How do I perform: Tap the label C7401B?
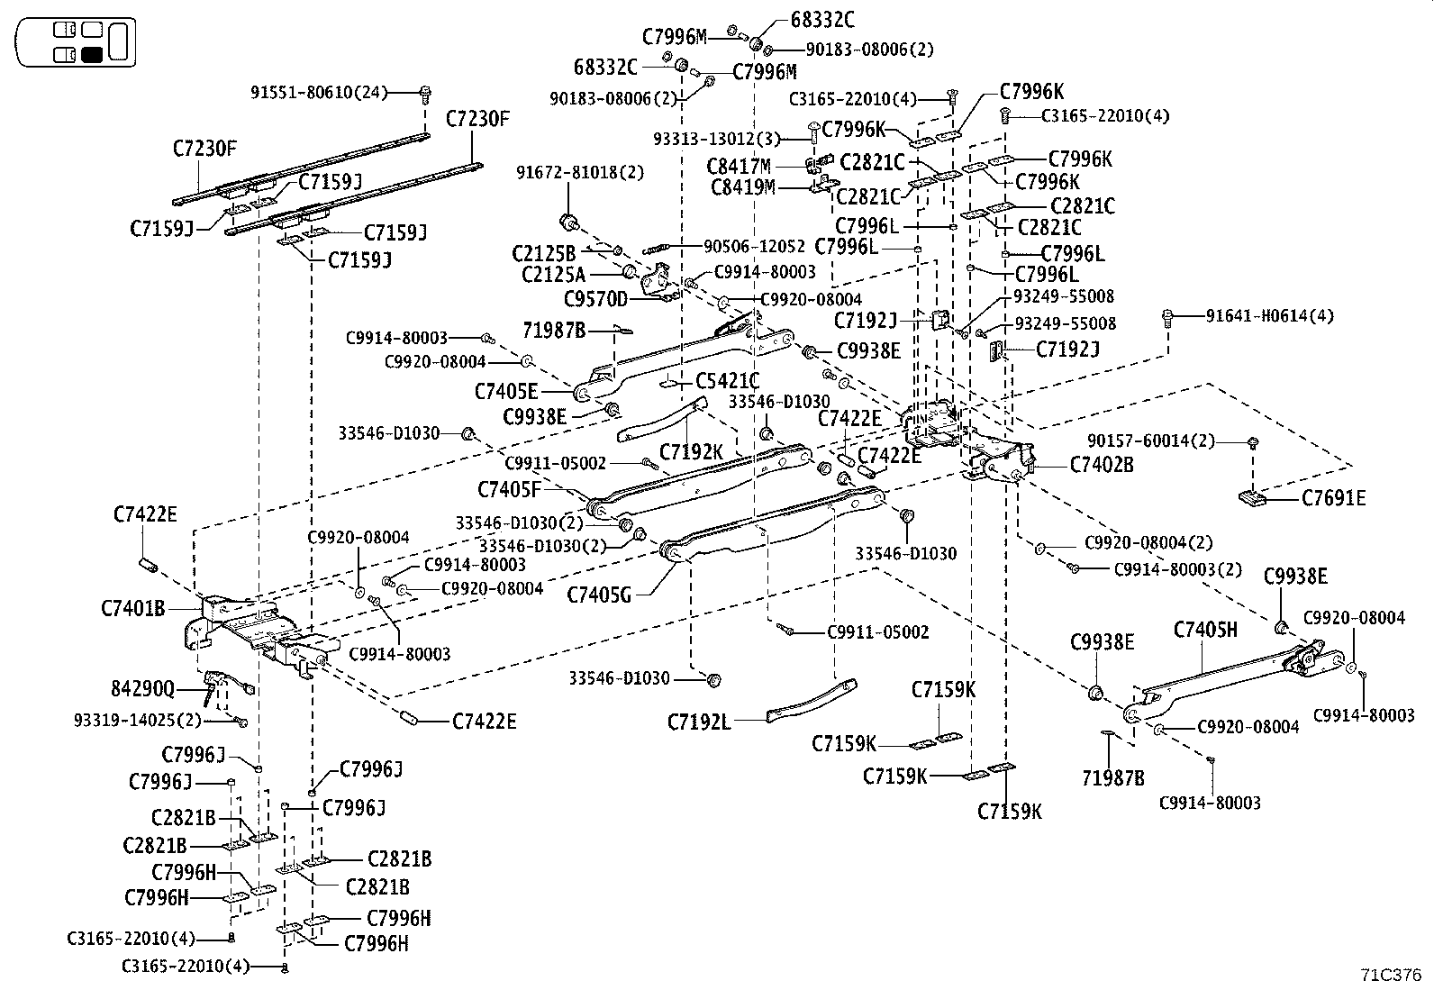click(x=132, y=608)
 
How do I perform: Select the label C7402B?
click(x=1102, y=465)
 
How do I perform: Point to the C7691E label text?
click(x=1333, y=498)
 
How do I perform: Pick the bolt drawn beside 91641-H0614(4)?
click(x=1169, y=316)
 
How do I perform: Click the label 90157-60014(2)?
click(x=1151, y=441)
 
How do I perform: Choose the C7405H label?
click(x=1205, y=630)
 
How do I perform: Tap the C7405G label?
click(x=599, y=595)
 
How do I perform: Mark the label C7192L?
click(x=699, y=722)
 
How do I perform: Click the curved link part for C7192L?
click(x=811, y=702)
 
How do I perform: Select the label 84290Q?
click(x=142, y=690)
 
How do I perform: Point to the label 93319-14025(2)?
click(x=137, y=721)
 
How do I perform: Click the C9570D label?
click(x=595, y=297)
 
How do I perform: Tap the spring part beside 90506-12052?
click(x=659, y=249)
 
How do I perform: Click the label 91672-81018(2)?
click(x=580, y=172)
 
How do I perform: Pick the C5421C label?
click(x=727, y=382)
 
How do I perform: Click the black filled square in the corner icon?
click(x=91, y=55)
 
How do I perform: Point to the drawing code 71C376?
click(x=1391, y=975)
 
